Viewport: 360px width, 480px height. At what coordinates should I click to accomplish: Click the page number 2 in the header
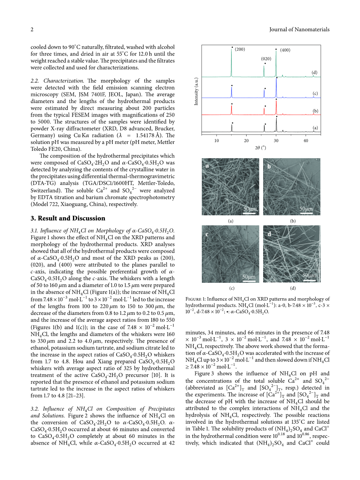32,29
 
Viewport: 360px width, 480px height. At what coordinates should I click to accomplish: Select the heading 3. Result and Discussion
68,218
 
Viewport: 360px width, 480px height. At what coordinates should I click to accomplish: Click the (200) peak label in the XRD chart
240,49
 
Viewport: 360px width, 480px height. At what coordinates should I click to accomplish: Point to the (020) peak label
266,59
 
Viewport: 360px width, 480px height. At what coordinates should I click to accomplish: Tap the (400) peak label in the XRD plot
285,50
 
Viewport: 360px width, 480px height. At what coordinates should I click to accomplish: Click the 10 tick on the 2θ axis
216,140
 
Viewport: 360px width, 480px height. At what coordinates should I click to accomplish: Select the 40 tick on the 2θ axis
306,140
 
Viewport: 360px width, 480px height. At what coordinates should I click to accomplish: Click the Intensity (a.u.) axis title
196,91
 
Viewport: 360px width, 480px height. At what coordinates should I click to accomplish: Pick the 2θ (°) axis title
261,147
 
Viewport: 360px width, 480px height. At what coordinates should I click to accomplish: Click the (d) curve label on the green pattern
314,73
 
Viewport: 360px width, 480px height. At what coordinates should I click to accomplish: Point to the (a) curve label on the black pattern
315,127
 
